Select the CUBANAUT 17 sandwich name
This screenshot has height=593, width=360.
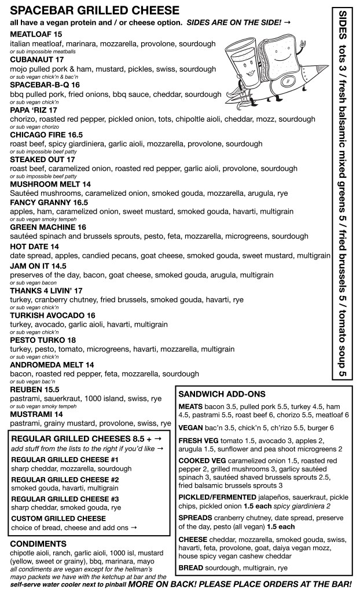click(x=37, y=59)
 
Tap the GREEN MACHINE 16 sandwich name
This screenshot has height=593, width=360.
click(x=48, y=228)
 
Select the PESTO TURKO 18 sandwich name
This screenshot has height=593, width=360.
click(x=43, y=340)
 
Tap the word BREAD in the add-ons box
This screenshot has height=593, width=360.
click(x=192, y=568)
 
